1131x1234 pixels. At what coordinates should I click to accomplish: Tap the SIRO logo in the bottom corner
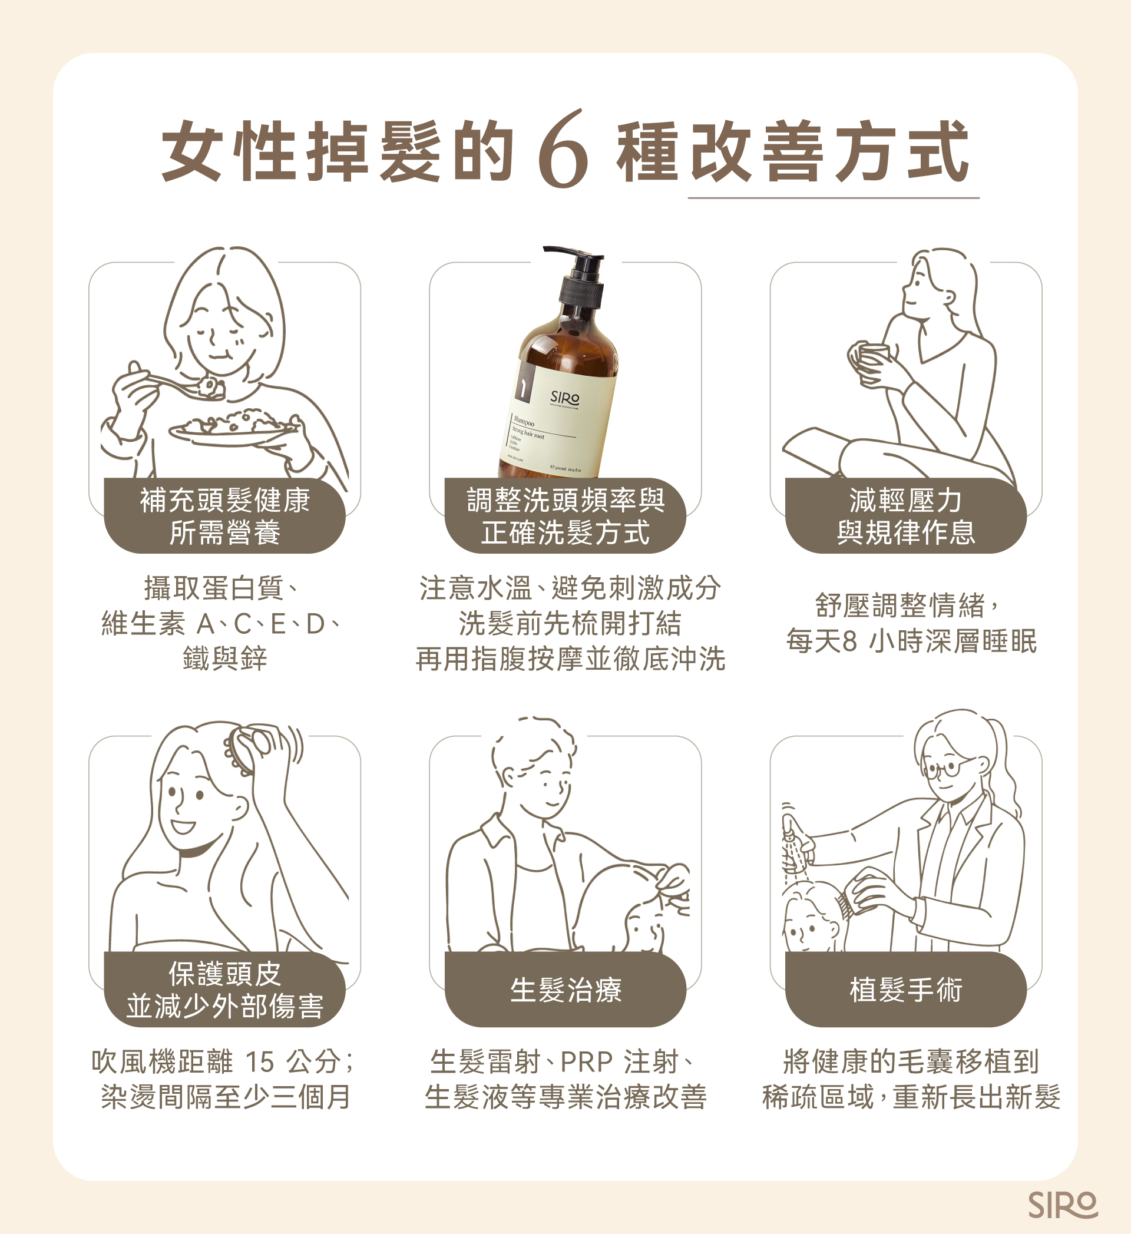(1063, 1205)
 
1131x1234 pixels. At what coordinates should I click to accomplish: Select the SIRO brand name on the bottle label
(564, 397)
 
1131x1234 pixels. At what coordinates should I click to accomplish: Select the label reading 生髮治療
(565, 990)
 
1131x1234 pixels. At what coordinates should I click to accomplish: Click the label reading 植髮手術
(905, 990)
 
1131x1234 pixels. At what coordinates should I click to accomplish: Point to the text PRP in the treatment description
(586, 1062)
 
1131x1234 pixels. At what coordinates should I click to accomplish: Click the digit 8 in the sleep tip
(849, 641)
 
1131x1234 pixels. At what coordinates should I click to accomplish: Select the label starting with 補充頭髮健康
(224, 516)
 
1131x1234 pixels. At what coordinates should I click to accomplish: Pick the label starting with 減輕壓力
(905, 516)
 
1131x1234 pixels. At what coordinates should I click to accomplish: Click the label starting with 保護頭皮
(224, 990)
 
